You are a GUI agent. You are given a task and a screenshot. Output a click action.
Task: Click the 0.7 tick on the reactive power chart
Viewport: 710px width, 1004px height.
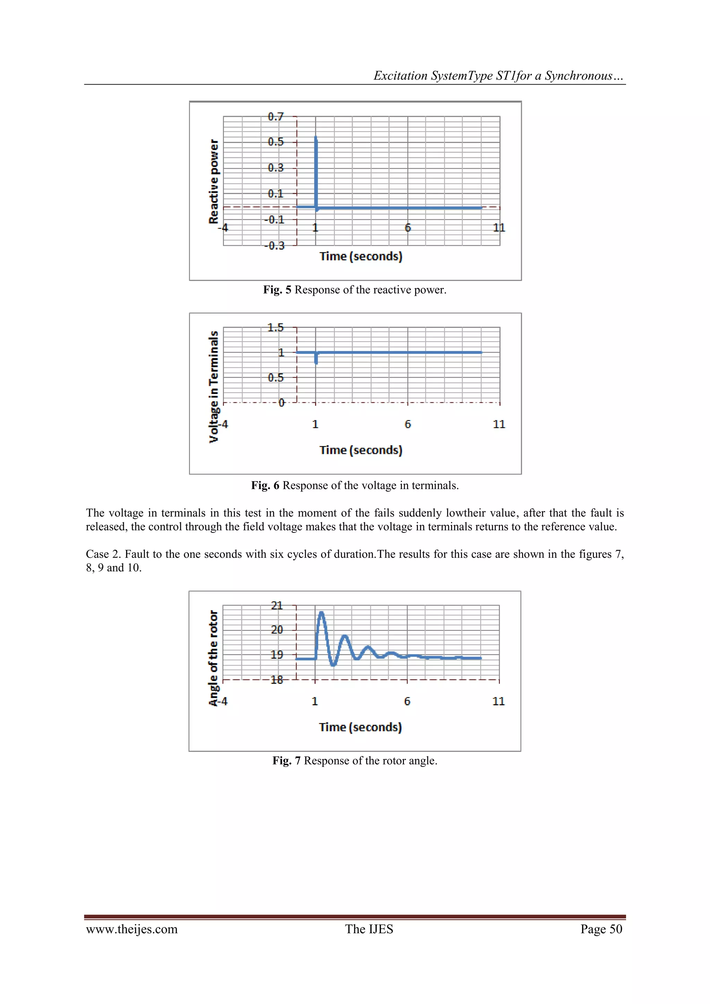pyautogui.click(x=275, y=117)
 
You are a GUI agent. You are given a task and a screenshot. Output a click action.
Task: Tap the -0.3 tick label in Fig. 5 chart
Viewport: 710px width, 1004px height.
pyautogui.click(x=275, y=246)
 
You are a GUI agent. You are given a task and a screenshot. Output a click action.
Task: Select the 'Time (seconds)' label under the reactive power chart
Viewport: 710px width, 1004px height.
pyautogui.click(x=361, y=256)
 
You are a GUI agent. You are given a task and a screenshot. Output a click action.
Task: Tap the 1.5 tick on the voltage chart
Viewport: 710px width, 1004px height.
pyautogui.click(x=275, y=328)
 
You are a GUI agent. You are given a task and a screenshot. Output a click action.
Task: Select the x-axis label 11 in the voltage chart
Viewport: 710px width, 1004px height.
pyautogui.click(x=499, y=424)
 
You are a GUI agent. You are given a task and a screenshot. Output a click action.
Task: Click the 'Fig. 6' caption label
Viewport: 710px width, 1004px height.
pyautogui.click(x=265, y=485)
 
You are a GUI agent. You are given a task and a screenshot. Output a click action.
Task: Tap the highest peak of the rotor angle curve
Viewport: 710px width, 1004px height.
pyautogui.click(x=322, y=613)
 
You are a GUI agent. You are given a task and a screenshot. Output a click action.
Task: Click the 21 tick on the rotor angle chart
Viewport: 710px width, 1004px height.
pyautogui.click(x=277, y=606)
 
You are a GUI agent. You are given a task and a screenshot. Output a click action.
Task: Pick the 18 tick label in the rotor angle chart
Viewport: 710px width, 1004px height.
pyautogui.click(x=277, y=680)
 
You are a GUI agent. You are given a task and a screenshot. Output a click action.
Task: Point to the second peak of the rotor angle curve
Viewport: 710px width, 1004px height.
pyautogui.click(x=345, y=636)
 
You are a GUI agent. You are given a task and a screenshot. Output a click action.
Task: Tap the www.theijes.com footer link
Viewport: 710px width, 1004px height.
pyautogui.click(x=132, y=929)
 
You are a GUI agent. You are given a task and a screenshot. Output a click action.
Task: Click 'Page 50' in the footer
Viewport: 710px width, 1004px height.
pyautogui.click(x=601, y=929)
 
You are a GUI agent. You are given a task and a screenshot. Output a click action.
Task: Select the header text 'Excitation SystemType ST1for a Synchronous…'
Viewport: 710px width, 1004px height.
pyautogui.click(x=499, y=76)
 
